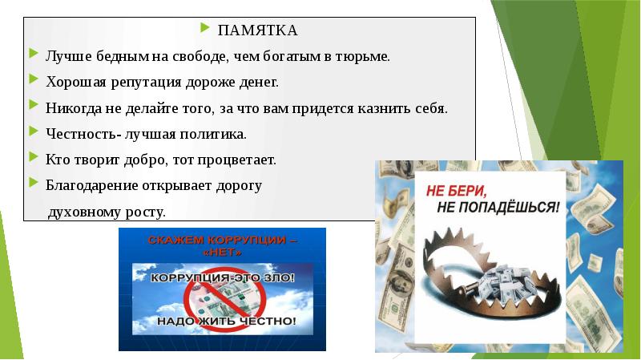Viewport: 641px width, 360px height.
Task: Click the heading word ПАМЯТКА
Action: coord(257,30)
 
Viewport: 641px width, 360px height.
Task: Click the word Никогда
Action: coord(69,108)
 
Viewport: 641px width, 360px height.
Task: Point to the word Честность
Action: coord(79,134)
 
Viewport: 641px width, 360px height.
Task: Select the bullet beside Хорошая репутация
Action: coord(31,80)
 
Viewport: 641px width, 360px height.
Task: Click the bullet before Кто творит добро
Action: coord(31,158)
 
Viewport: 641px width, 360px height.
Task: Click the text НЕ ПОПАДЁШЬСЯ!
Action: coord(499,208)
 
